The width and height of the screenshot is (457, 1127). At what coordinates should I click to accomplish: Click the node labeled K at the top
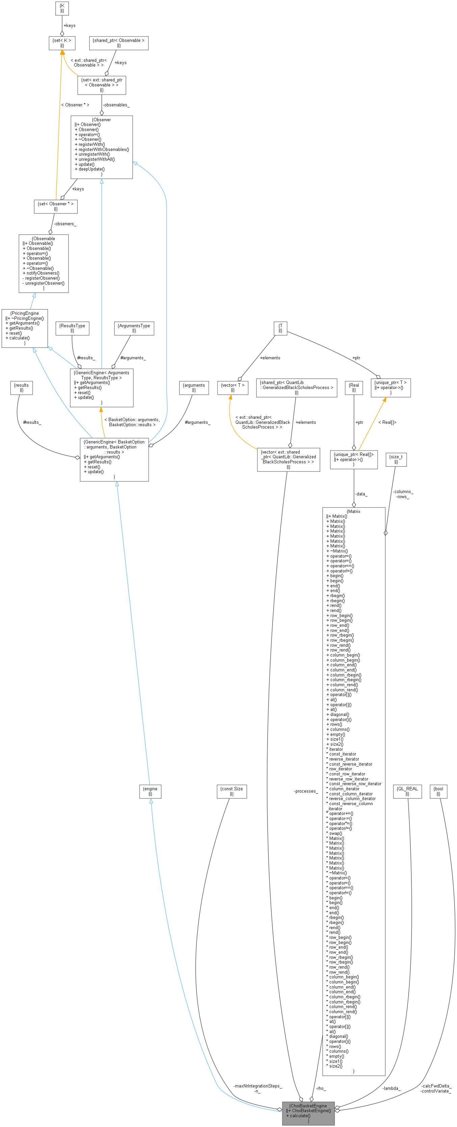coord(62,8)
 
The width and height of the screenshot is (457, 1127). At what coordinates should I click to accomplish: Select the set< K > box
coord(62,43)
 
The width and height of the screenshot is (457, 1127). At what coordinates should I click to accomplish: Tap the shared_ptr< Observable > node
coord(119,43)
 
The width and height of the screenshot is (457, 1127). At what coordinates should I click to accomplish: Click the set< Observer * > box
coord(56,206)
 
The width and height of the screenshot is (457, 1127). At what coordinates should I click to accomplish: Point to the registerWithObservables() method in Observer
coord(104,149)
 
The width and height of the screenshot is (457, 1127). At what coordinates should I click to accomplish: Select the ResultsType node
coord(72,328)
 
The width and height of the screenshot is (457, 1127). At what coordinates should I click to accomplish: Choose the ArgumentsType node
coord(134,328)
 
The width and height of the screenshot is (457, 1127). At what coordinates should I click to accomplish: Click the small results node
coord(22,388)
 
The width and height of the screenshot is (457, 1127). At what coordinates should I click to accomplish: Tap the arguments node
coord(194,388)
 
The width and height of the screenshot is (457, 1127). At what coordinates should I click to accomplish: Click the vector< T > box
coord(232,388)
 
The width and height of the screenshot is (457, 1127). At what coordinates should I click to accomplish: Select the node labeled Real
coord(354,388)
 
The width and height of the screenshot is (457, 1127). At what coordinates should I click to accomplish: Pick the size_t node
coord(396,459)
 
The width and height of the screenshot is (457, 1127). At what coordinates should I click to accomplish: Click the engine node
coord(150,791)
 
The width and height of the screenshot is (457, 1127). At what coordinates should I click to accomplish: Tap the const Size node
coord(232,791)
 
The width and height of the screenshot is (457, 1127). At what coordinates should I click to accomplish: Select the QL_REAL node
coord(407,791)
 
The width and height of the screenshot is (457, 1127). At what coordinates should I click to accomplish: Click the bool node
coord(438,791)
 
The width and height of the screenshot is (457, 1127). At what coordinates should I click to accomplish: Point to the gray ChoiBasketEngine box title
coord(308,1106)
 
